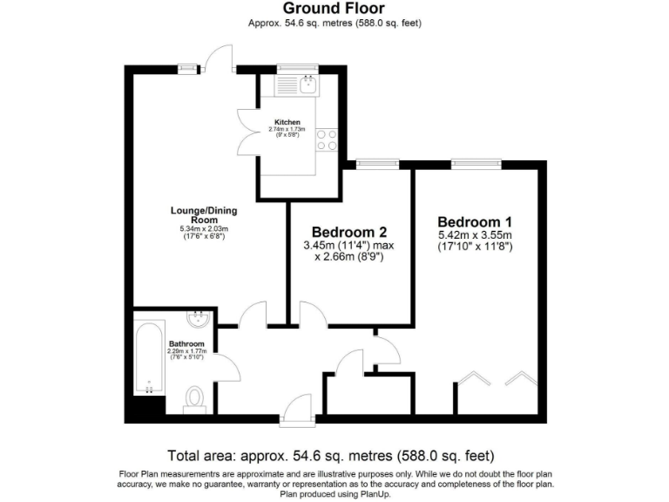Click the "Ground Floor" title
point(334,9)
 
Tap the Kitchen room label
point(287,122)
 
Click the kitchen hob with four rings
point(326,139)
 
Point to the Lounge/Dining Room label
point(203,215)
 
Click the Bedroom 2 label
point(348,232)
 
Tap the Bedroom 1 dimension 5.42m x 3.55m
point(475,234)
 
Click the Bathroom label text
point(186,343)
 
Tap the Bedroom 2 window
point(377,162)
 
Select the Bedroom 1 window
point(476,162)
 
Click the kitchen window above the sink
point(298,67)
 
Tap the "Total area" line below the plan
point(330,455)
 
